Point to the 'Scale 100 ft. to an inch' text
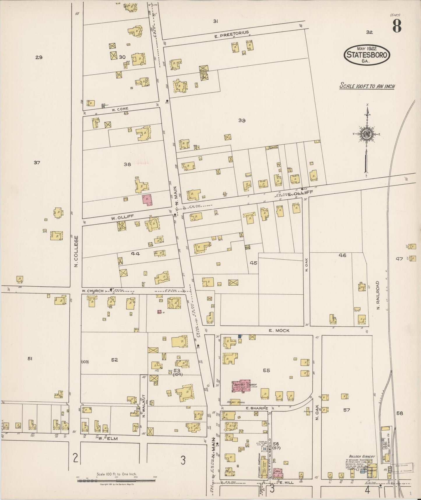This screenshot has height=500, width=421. click(367, 86)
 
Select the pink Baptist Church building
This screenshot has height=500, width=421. click(241, 387)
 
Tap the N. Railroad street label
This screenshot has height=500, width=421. click(378, 295)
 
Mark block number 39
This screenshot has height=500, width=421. click(242, 120)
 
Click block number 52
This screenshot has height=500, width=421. click(114, 360)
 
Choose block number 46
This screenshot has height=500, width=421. click(342, 255)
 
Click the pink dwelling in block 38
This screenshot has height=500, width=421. click(147, 200)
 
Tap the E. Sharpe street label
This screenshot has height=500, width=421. click(256, 408)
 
